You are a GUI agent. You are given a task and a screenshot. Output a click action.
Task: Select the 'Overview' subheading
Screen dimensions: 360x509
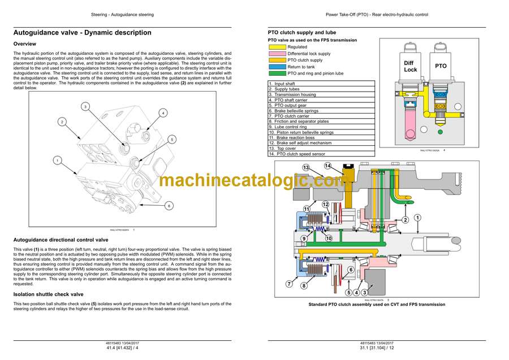25,44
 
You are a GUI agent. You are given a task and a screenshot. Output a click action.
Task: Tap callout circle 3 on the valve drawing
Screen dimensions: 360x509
84,106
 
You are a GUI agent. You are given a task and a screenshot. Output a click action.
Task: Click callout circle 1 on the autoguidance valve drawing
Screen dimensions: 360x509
57,161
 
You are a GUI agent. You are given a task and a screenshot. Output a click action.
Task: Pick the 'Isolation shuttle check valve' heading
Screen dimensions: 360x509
48,294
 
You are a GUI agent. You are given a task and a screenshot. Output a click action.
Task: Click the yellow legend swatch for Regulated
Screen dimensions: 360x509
277,47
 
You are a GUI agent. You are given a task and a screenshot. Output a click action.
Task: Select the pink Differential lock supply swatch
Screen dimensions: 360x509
277,54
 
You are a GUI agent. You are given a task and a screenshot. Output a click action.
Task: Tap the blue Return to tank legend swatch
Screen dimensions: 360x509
277,67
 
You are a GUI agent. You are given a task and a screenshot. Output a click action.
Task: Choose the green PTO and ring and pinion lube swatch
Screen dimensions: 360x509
277,73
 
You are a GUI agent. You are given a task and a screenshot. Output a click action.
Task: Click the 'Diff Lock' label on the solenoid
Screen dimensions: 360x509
411,66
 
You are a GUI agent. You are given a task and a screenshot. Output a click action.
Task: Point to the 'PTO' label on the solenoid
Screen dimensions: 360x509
441,66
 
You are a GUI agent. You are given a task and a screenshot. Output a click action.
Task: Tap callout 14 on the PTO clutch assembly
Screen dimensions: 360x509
327,166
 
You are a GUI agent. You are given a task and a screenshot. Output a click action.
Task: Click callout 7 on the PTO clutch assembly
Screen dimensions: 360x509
289,284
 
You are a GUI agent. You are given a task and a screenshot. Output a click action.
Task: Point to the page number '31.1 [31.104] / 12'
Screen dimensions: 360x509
377,348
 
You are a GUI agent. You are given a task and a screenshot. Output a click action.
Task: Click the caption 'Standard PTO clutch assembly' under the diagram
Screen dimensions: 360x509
377,305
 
